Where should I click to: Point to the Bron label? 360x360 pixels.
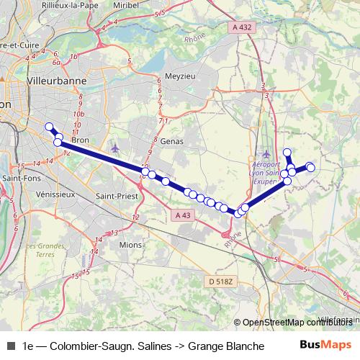[x=79, y=141]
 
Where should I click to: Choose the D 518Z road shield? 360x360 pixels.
[x=221, y=281]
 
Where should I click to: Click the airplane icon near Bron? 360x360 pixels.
[x=115, y=148]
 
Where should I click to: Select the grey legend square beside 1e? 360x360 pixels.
[x=10, y=346]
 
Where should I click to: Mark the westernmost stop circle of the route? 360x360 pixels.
[x=50, y=127]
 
